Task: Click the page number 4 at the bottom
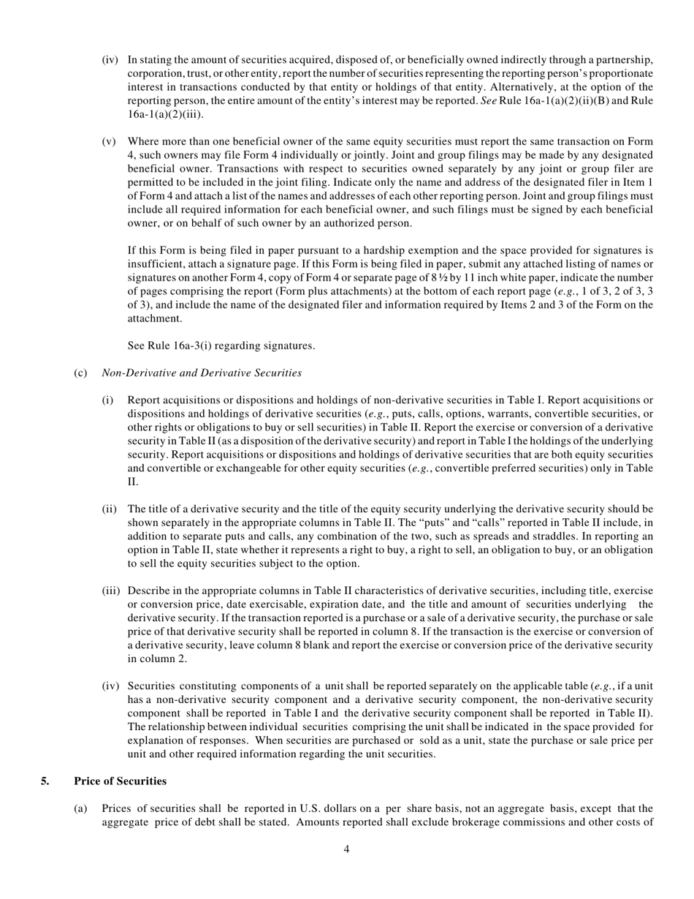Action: [346, 849]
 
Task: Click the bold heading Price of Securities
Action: [120, 781]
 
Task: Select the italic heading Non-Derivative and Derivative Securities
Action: [202, 373]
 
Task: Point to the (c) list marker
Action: [80, 373]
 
